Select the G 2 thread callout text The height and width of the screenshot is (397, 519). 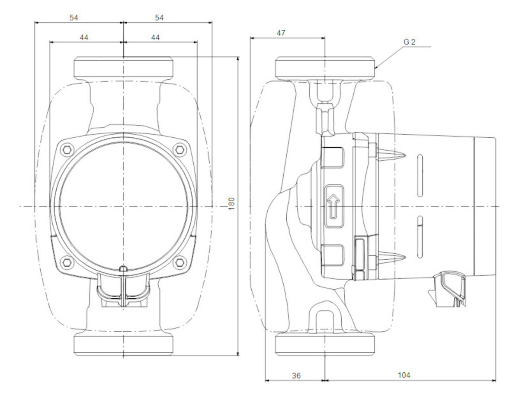coord(410,42)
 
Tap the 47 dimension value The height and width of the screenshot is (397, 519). coord(281,33)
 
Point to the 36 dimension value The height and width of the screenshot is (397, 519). coord(296,375)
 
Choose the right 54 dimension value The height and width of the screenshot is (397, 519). coord(160,18)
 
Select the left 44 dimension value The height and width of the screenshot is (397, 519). coord(84,38)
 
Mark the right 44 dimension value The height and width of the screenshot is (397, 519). coord(155,38)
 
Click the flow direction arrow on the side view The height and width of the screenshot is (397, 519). coord(333,206)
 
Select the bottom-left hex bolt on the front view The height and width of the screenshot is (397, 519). coord(66,261)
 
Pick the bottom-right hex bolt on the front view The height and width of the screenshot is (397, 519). coord(179,261)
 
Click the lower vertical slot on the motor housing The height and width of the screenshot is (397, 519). coord(419,238)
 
